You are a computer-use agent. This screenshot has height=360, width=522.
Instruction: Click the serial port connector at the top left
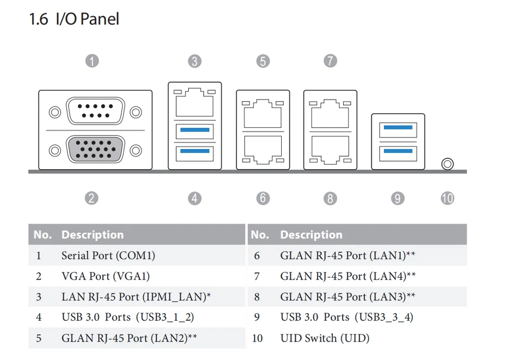(95, 111)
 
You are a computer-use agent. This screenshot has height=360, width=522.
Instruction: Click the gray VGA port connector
(95, 149)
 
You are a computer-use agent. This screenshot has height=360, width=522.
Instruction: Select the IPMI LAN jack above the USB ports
(195, 102)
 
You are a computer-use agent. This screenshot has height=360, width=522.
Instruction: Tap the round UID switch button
(448, 164)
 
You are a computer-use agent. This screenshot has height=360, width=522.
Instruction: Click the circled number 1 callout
(92, 61)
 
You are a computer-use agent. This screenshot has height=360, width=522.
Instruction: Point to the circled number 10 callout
(448, 198)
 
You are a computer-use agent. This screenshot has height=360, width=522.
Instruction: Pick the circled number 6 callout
(263, 198)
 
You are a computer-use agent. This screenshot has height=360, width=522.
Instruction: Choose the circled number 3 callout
(195, 61)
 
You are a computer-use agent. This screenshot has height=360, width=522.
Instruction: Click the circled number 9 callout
(397, 198)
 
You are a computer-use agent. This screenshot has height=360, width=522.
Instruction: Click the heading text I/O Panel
(88, 18)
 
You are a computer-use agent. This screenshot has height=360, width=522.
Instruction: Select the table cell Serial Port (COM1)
(108, 256)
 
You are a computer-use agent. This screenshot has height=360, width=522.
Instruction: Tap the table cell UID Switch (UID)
(325, 338)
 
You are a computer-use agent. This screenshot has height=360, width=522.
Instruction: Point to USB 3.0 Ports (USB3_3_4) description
(347, 318)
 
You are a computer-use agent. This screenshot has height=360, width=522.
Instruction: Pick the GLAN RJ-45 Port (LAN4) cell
(344, 276)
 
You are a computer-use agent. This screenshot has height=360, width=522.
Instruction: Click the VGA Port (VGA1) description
(105, 276)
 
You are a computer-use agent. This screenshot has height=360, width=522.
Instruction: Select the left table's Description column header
(92, 235)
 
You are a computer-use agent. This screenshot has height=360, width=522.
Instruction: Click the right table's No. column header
(260, 235)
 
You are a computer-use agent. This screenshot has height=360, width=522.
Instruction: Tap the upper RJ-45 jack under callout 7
(330, 113)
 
